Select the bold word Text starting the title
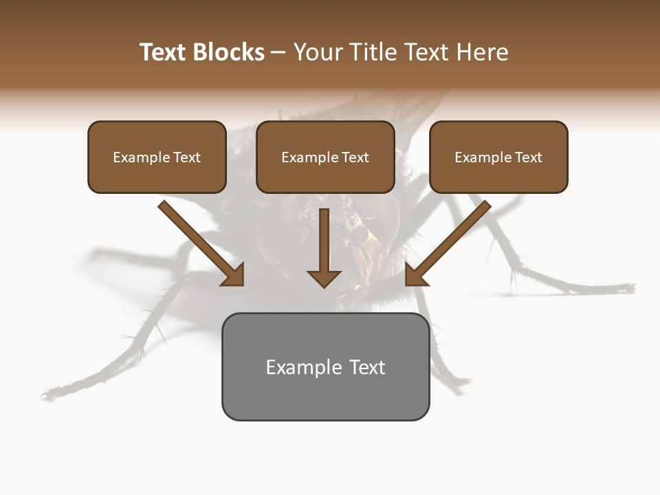point(163,52)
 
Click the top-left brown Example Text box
point(157,157)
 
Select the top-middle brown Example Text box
point(325,157)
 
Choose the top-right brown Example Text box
point(498,157)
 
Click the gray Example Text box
point(325,366)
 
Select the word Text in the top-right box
point(528,157)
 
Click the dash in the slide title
point(278,53)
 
